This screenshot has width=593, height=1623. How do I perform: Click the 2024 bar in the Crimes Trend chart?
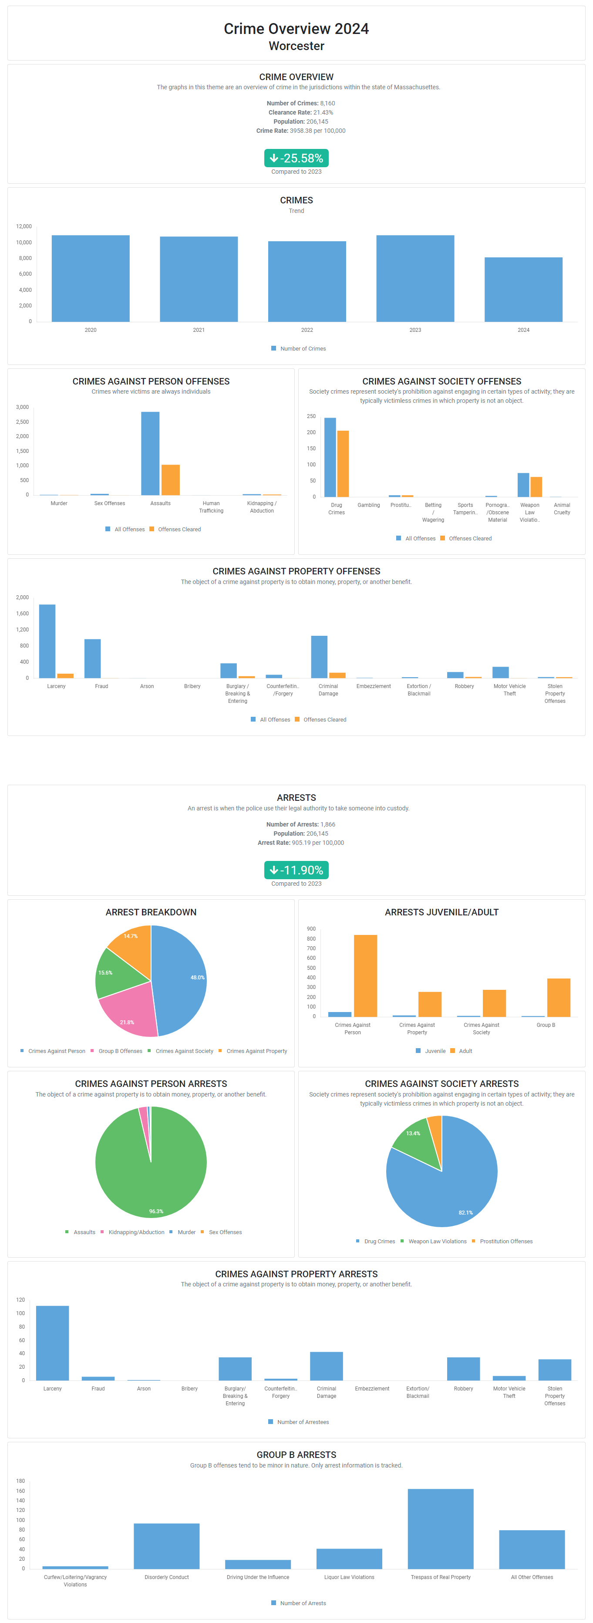pyautogui.click(x=523, y=290)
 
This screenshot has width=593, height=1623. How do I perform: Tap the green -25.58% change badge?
pyautogui.click(x=296, y=158)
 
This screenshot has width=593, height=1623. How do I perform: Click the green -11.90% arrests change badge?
pyautogui.click(x=296, y=870)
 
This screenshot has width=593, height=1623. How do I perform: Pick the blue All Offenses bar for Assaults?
pyautogui.click(x=150, y=454)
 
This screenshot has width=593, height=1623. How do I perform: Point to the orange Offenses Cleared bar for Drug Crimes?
pyautogui.click(x=343, y=464)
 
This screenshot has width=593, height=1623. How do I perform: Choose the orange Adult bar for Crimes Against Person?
pyautogui.click(x=365, y=975)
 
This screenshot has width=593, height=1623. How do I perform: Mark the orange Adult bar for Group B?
pyautogui.click(x=558, y=997)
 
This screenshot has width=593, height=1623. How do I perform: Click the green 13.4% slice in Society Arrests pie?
pyautogui.click(x=414, y=1138)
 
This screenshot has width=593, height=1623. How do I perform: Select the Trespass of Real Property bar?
pyautogui.click(x=441, y=1529)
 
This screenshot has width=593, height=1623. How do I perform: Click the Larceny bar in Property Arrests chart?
pyautogui.click(x=52, y=1343)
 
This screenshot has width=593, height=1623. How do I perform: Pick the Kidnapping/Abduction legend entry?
pyautogui.click(x=136, y=1232)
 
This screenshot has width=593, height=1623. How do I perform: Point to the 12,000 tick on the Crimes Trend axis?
pyautogui.click(x=24, y=226)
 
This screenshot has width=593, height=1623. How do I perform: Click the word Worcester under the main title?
pyautogui.click(x=296, y=46)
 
